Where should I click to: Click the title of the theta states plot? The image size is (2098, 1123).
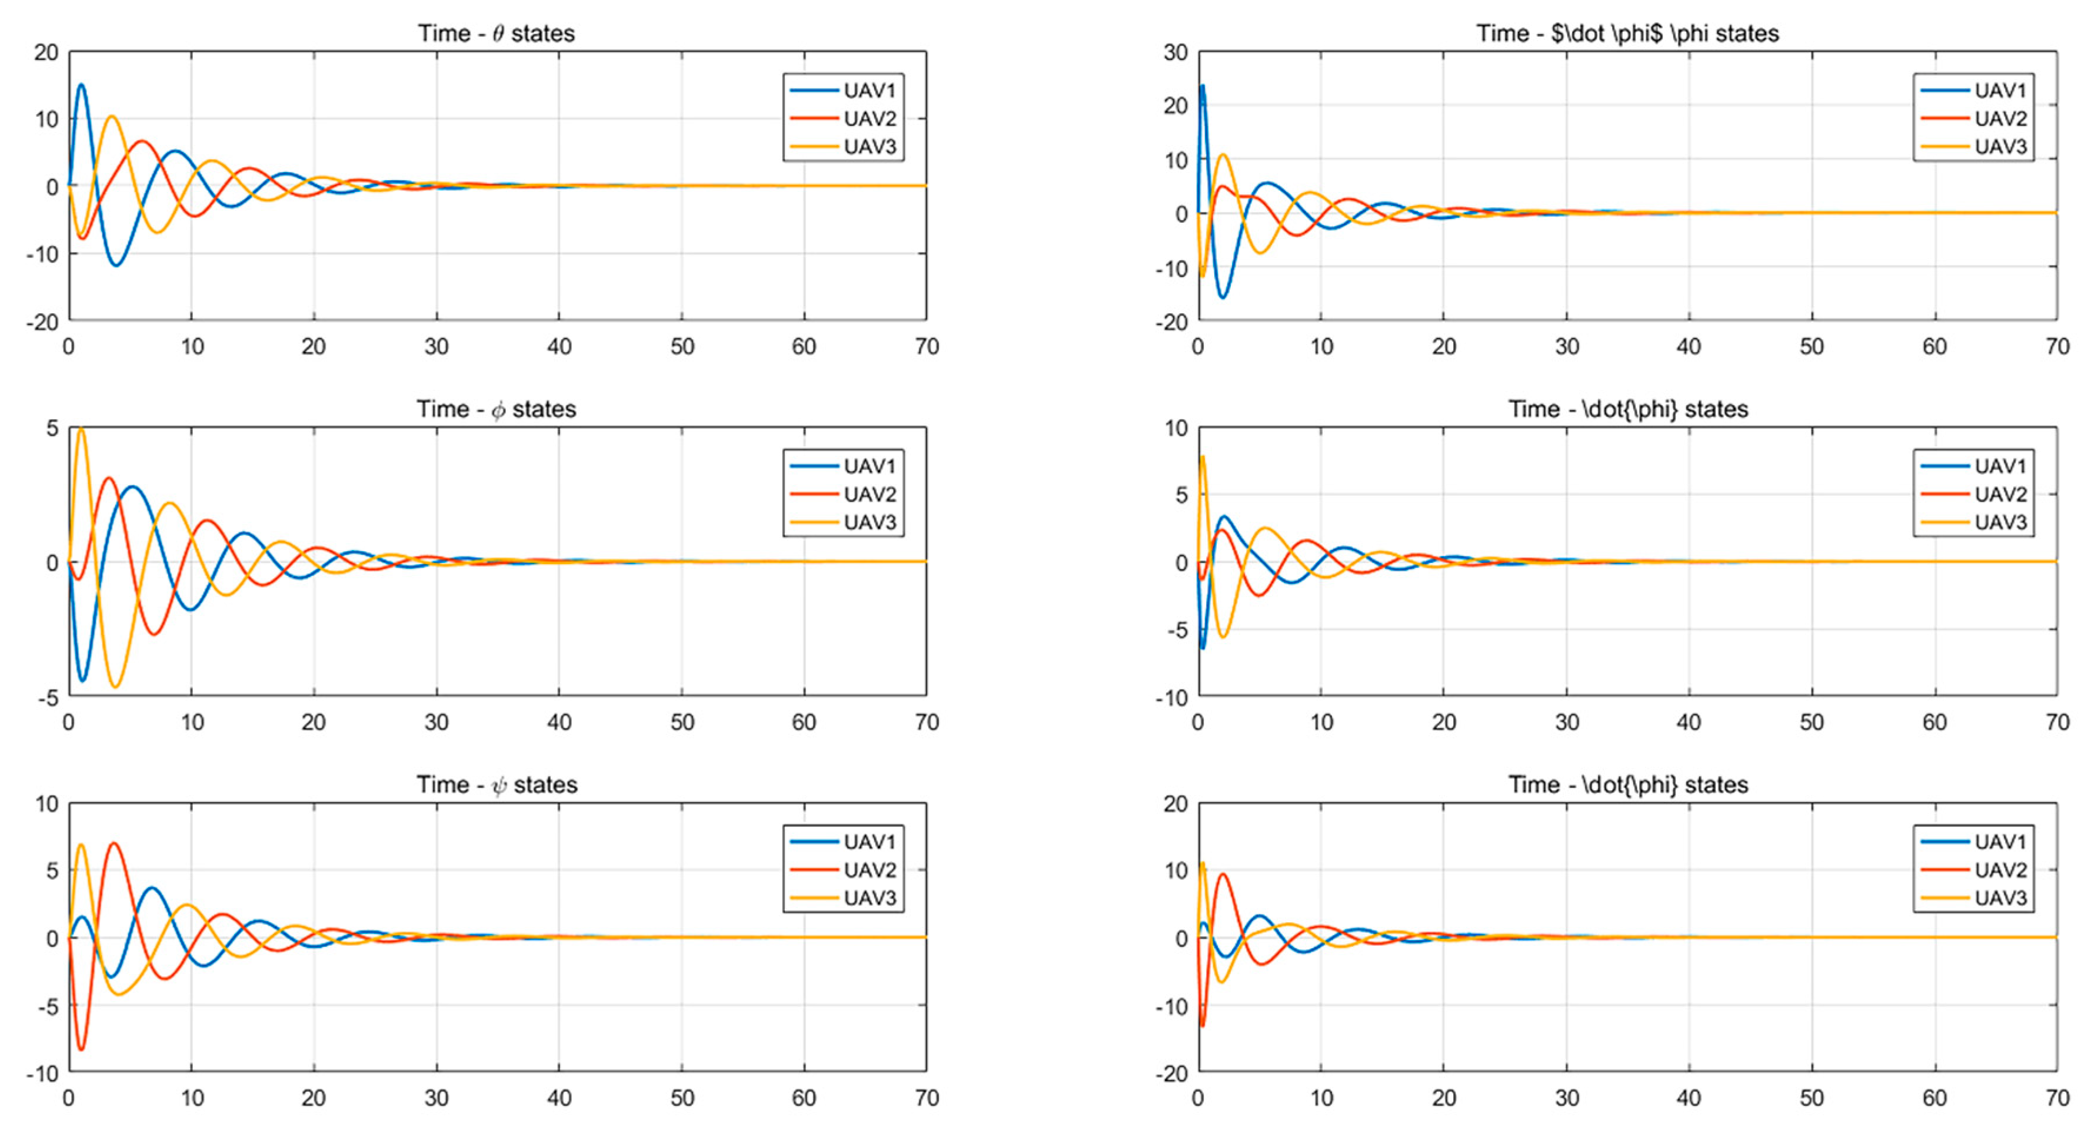pos(496,34)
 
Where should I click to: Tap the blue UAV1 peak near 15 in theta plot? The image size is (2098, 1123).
pos(81,85)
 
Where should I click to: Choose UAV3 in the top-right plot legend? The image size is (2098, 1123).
pos(1999,147)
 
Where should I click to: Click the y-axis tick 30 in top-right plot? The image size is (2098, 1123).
pos(1175,53)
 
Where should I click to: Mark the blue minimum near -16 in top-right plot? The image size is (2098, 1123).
pos(1221,297)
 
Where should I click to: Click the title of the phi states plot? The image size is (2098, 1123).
pos(496,409)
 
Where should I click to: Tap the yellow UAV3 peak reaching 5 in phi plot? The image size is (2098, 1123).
pos(81,429)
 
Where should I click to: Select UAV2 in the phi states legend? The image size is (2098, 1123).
pos(869,495)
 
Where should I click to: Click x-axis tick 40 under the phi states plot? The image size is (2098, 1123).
pos(559,722)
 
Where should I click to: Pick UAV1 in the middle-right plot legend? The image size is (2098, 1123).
pos(1999,466)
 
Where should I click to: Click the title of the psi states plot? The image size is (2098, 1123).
pos(497,785)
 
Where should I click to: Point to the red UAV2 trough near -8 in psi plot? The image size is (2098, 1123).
pos(81,1048)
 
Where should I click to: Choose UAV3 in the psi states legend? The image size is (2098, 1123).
pos(869,898)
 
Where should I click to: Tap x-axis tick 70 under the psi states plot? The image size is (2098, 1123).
pos(927,1098)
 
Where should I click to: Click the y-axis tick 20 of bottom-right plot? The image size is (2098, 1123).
pos(1175,804)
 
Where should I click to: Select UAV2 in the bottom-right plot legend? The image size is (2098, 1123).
pos(1999,870)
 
